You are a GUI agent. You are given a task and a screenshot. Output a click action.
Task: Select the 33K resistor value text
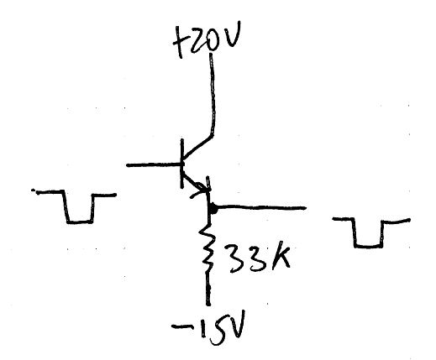click(x=258, y=258)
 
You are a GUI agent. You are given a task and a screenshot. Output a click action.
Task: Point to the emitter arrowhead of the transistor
click(x=202, y=190)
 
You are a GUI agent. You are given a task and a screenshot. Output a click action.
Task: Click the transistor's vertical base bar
click(x=182, y=163)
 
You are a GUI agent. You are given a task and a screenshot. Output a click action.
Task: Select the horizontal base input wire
click(x=154, y=165)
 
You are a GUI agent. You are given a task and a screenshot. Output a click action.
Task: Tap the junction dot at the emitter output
click(x=213, y=208)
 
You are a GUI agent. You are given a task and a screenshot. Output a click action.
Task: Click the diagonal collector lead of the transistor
click(x=198, y=149)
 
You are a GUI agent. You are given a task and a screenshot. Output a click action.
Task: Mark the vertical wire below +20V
click(x=213, y=95)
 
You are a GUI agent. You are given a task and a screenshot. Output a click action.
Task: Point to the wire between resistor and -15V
click(x=207, y=288)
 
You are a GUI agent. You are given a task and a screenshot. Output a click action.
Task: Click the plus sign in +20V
click(x=179, y=42)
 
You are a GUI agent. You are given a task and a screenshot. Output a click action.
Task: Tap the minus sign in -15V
click(x=180, y=326)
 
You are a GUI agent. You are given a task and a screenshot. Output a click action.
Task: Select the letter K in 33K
click(x=280, y=257)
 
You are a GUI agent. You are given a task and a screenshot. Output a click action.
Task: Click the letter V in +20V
click(x=233, y=35)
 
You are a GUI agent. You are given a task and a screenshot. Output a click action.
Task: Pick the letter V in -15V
click(x=237, y=325)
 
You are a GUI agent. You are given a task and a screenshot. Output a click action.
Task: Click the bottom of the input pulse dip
click(x=80, y=222)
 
